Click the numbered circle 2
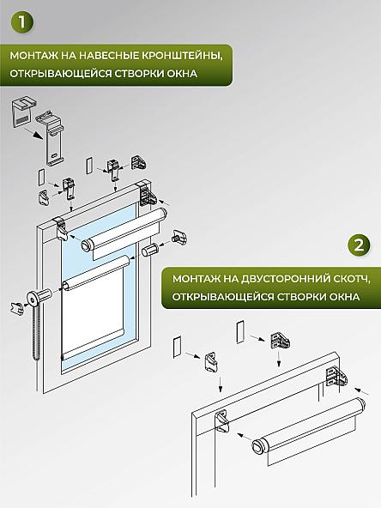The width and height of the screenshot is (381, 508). coord(360,246)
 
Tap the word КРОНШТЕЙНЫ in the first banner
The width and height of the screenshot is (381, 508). coord(176,56)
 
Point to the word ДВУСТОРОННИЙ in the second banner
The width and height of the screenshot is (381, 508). coord(280,280)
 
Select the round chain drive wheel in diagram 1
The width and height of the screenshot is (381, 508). coord(39,300)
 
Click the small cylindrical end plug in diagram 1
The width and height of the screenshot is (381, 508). coord(149,250)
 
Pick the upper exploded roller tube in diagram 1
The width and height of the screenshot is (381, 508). coord(124,227)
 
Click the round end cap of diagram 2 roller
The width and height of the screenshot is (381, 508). coord(261,446)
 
